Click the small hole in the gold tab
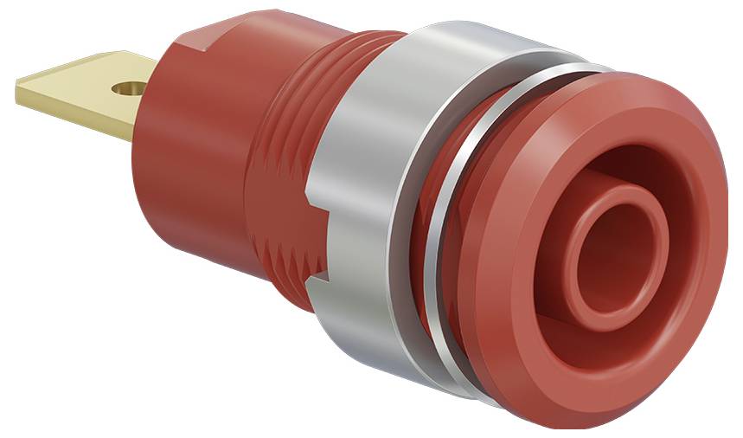[130, 88]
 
